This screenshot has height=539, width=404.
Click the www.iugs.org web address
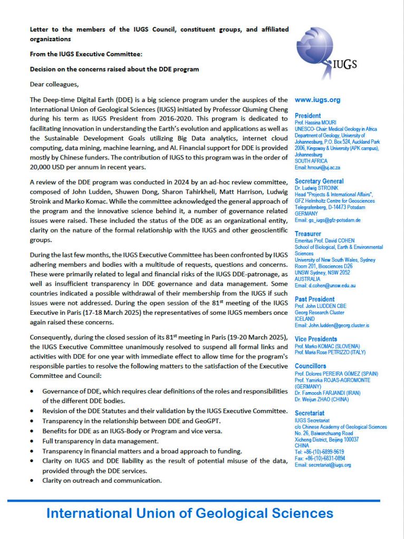[318, 100]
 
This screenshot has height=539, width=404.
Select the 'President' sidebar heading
[307, 116]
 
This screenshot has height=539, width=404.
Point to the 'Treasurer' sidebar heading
[308, 234]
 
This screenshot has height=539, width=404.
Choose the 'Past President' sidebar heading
[315, 299]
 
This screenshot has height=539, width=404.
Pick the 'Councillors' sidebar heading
[310, 366]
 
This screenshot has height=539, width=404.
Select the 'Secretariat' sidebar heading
[310, 413]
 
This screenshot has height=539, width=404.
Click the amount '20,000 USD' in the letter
[51, 167]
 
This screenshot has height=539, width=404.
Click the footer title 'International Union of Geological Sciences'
[189, 513]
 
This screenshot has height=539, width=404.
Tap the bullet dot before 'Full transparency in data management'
[34, 441]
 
